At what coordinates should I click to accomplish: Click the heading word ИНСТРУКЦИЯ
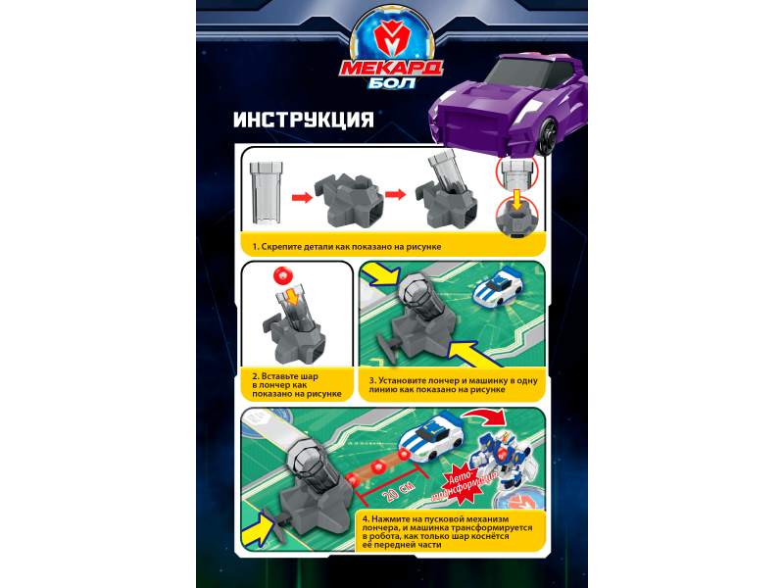[304, 120]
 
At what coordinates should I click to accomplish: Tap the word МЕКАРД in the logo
[391, 68]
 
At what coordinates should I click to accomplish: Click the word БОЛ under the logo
[392, 82]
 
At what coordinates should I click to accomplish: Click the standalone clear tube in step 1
[266, 192]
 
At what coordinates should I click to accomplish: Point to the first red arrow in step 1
[302, 198]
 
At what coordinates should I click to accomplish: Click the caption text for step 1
[347, 247]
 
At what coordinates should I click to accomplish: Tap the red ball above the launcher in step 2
[283, 275]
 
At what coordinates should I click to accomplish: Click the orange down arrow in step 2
[292, 297]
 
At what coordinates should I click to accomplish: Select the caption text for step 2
[297, 385]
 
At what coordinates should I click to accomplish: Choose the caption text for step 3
[453, 385]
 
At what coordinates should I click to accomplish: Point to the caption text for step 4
[447, 532]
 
